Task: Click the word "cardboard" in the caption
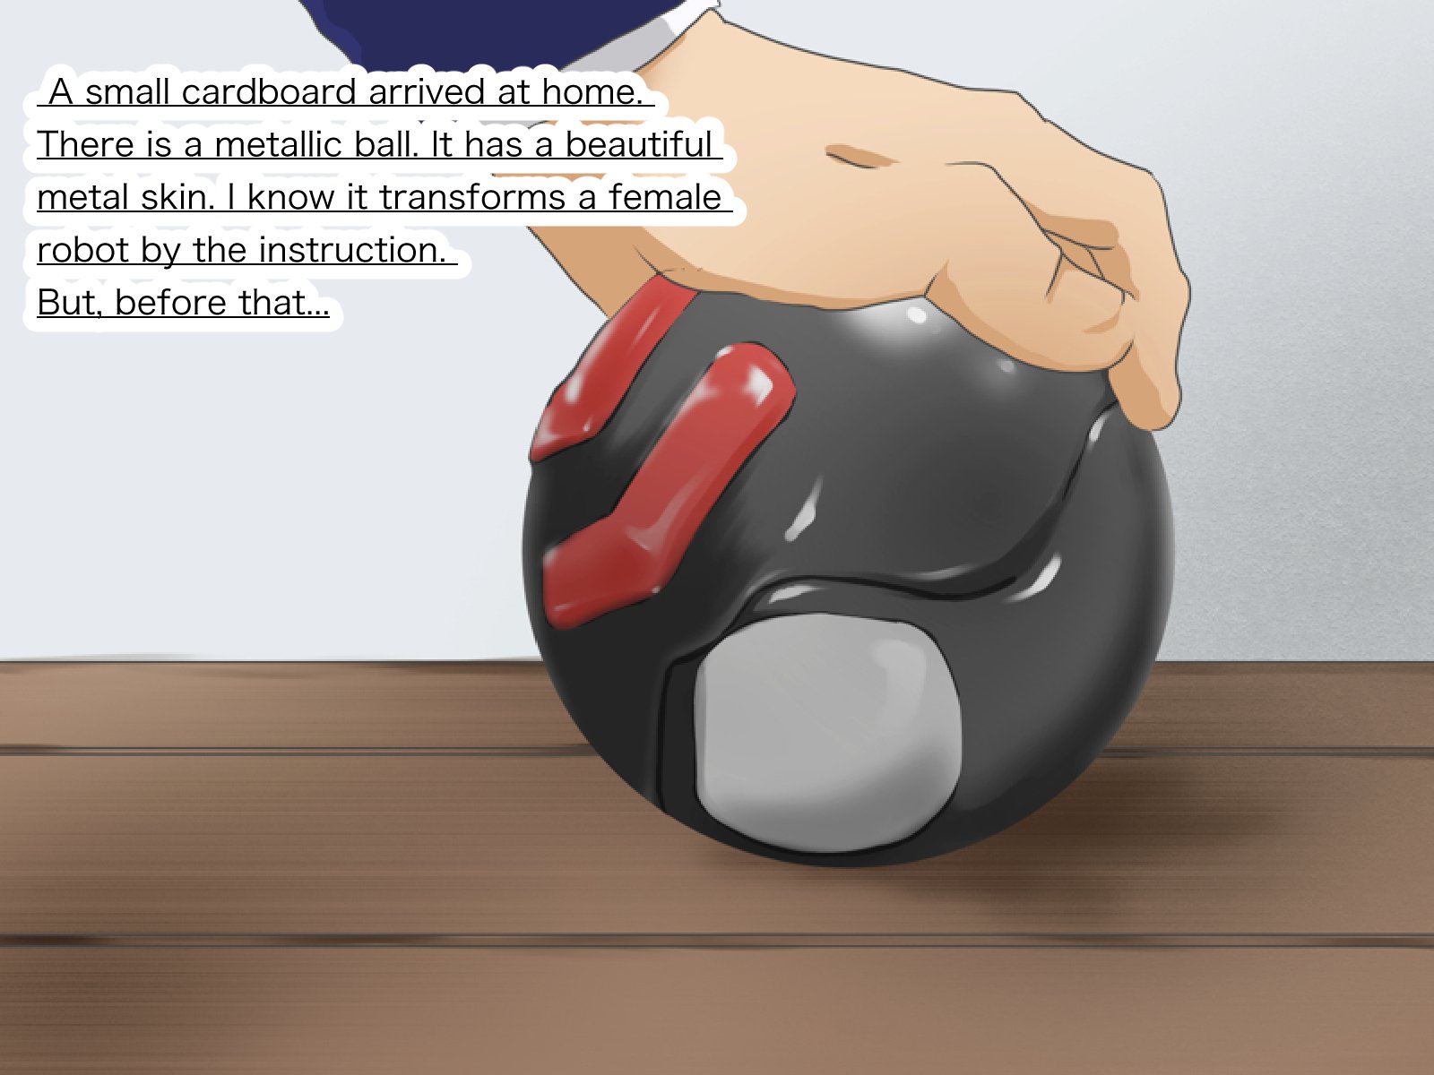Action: [x=269, y=91]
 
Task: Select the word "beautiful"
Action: [x=638, y=144]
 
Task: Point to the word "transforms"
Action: [x=472, y=197]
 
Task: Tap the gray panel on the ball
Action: [x=826, y=732]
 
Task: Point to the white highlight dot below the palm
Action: [x=917, y=316]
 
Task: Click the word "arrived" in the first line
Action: [x=427, y=91]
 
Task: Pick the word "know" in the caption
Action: [x=290, y=197]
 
